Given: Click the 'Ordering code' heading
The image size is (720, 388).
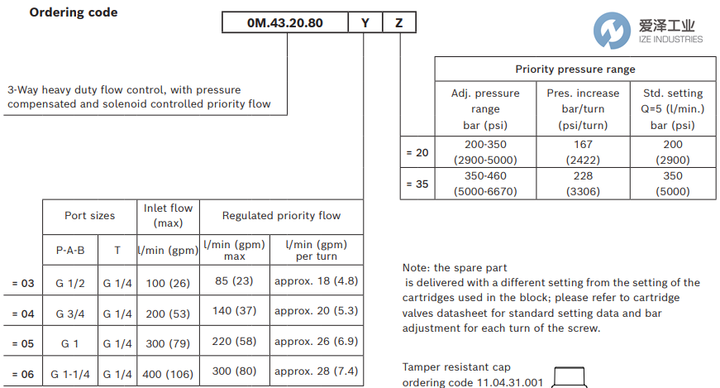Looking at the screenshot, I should click(74, 12).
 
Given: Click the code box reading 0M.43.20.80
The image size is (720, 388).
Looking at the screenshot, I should click(285, 22).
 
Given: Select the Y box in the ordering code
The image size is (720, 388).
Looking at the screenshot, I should click(365, 22).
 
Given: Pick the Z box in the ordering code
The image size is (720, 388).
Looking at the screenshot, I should click(399, 22).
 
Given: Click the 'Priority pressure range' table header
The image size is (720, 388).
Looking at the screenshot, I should click(575, 69).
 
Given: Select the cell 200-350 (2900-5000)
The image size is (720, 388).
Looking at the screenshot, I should click(485, 151).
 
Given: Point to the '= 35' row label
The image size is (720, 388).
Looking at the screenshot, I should click(417, 184).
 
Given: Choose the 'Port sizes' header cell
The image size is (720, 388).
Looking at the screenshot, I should click(90, 216).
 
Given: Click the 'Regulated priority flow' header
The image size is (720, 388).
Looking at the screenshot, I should click(281, 216).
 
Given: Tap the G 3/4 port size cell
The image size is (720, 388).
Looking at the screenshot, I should click(70, 314).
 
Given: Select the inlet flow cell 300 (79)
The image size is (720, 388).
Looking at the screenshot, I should click(168, 342).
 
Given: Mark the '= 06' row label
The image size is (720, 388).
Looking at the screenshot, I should click(22, 374).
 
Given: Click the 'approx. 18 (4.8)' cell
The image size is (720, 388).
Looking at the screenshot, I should click(316, 281).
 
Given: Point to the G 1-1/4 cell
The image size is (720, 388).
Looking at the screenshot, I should click(70, 374).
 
